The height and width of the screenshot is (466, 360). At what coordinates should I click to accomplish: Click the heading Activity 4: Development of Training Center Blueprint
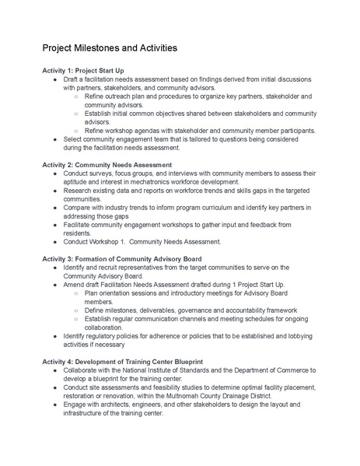coord(123,361)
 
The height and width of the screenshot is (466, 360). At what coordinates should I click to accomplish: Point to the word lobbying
coord(292,335)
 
